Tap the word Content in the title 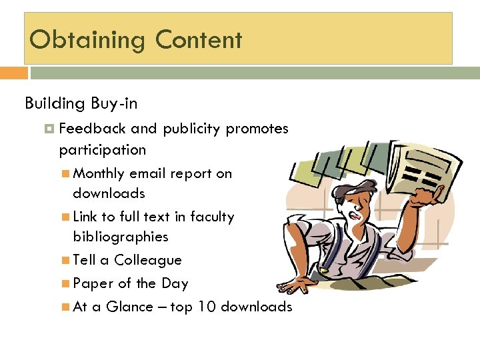point(199,40)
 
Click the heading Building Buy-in point(81,103)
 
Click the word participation point(102,149)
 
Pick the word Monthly point(99,173)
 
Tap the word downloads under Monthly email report point(109,193)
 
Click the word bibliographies point(120,237)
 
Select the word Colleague point(148,260)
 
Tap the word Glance point(129,307)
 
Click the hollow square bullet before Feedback point(51,129)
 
